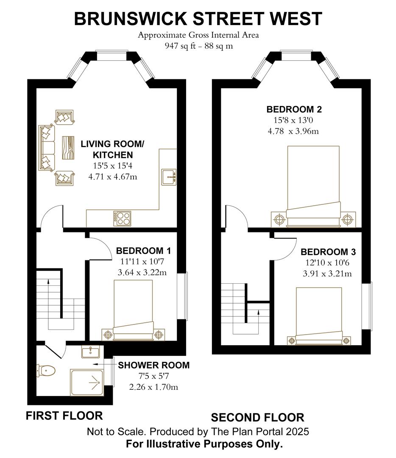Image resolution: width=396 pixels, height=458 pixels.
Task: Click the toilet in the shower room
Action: click(47, 370)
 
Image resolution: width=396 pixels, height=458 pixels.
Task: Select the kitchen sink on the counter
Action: click(169, 176)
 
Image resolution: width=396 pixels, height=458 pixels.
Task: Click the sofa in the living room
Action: click(47, 148)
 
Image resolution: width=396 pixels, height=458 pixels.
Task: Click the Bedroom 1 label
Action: click(143, 251)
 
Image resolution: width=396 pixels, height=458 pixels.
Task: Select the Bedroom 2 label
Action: click(294, 109)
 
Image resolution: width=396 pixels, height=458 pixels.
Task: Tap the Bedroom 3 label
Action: click(328, 252)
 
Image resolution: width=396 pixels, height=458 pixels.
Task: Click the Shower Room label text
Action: click(153, 365)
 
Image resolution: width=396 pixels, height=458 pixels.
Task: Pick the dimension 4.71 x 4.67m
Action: click(112, 177)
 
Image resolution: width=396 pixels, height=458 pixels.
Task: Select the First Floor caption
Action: click(64, 416)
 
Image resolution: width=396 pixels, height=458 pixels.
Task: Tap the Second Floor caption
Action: click(257, 418)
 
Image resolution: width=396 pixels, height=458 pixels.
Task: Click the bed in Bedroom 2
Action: click(313, 182)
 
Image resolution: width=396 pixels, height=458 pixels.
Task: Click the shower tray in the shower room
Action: click(86, 382)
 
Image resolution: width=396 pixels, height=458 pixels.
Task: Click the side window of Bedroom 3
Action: click(371, 306)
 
